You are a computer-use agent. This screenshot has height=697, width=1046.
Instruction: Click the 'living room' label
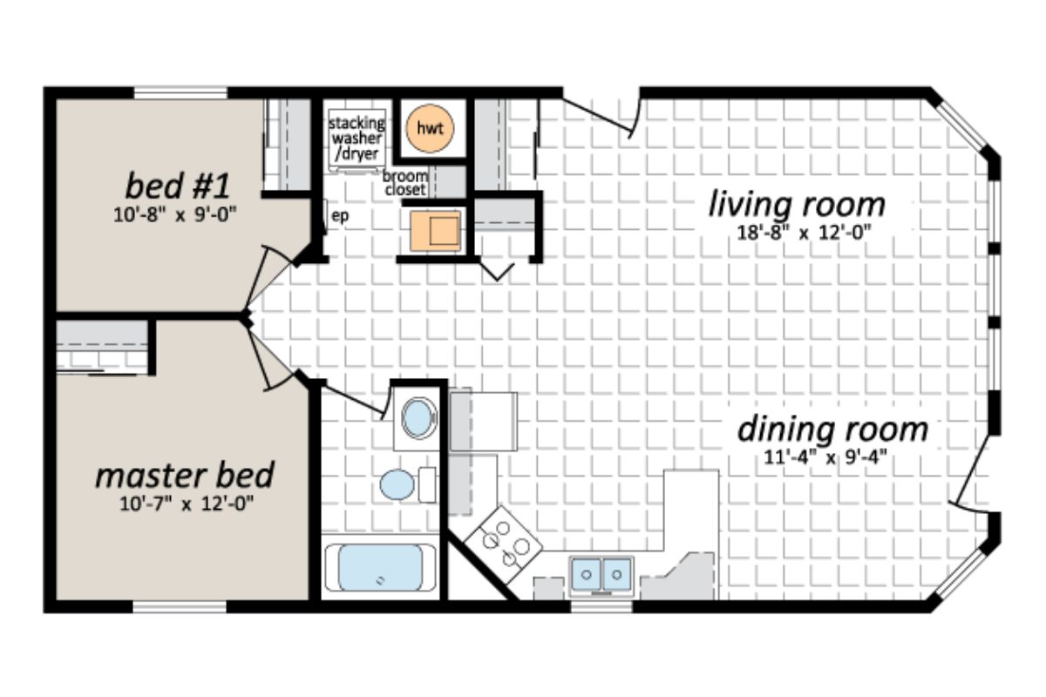click(x=796, y=205)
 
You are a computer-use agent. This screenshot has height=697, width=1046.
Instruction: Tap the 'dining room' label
click(x=832, y=430)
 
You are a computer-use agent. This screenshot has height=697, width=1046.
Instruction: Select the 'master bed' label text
click(x=184, y=476)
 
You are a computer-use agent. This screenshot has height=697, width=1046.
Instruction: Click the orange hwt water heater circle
click(x=429, y=128)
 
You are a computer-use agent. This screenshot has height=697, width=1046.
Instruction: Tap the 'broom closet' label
click(x=405, y=182)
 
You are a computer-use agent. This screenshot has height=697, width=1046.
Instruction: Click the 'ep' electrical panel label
click(x=340, y=217)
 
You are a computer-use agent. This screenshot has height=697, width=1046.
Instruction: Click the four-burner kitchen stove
click(x=503, y=543)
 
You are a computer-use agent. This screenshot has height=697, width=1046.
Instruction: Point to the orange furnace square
click(x=435, y=230)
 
